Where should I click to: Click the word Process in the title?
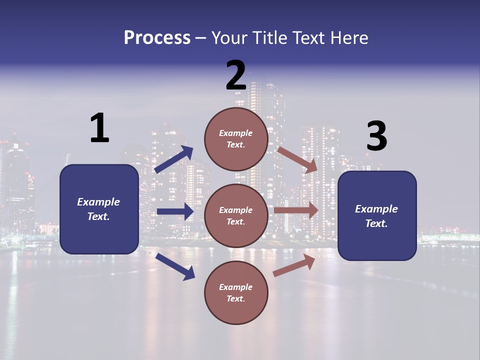coord(157,37)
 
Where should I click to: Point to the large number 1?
coord(99,128)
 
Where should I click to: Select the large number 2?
coord(236,76)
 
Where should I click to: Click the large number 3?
coord(376,136)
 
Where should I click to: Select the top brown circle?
coord(236,139)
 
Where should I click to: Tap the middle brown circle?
coord(236,215)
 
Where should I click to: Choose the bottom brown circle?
coord(236,292)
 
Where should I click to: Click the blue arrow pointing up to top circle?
coord(174,159)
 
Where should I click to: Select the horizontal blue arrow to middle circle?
coord(175,211)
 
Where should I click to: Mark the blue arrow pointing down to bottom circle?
coord(175,266)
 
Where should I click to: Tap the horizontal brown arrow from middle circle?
coord(296,210)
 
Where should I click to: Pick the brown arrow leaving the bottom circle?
coord(294,265)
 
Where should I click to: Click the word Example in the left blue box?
coord(98,202)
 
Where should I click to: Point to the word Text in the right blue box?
coord(376,223)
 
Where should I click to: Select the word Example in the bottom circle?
coord(236,287)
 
